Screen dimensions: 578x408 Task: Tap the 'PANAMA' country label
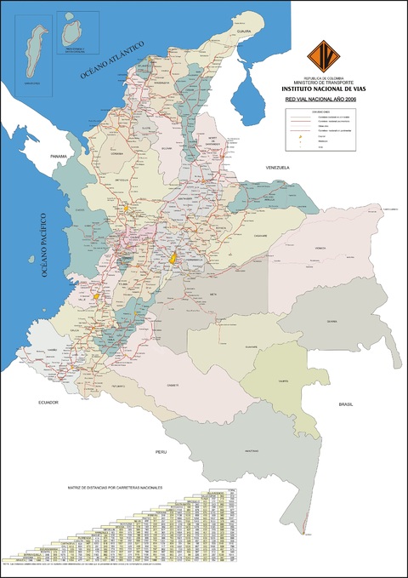(59, 157)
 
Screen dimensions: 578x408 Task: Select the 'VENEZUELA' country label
(277, 168)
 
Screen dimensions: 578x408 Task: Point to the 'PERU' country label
(161, 450)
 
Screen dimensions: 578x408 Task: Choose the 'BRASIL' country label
(346, 404)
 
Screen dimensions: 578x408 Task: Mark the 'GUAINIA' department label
(331, 322)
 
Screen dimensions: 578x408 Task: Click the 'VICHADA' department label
(320, 249)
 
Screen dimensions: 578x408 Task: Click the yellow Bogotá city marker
(173, 256)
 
